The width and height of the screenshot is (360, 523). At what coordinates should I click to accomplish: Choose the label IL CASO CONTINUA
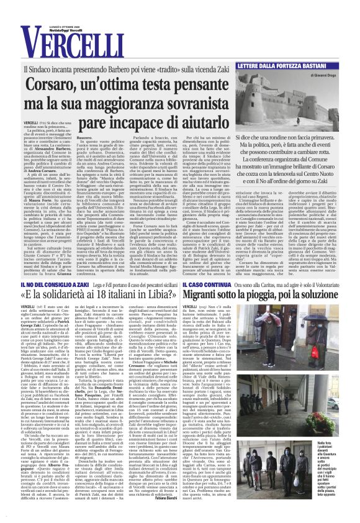pos(212,284)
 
